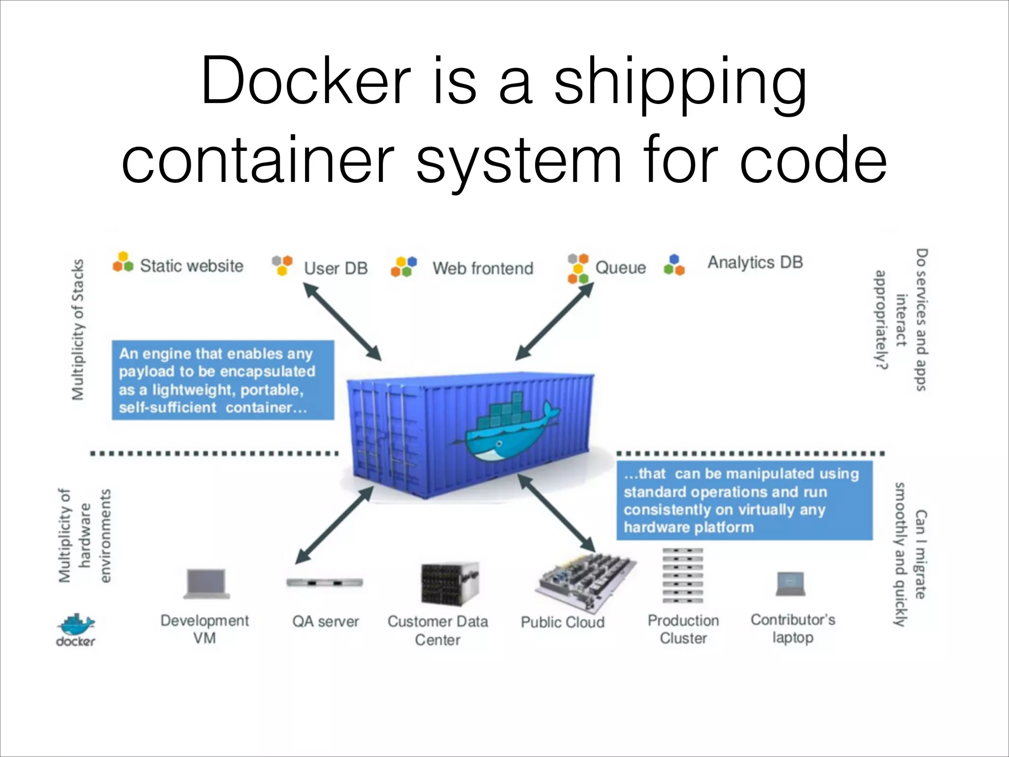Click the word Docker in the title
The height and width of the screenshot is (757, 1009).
click(305, 81)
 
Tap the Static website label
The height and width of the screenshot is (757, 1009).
click(192, 266)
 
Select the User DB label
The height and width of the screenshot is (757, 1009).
click(336, 269)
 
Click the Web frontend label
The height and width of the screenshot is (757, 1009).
click(483, 269)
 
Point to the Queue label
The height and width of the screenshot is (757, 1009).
click(620, 268)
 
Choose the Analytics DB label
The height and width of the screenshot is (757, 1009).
click(755, 262)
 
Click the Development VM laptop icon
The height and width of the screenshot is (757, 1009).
click(207, 584)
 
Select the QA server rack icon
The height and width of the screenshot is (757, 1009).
click(325, 583)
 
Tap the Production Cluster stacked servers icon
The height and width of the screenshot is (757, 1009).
click(682, 575)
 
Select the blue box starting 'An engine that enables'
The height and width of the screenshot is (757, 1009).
click(223, 380)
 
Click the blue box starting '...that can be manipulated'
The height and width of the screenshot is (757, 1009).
click(744, 500)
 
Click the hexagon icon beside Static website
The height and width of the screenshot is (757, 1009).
click(123, 263)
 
